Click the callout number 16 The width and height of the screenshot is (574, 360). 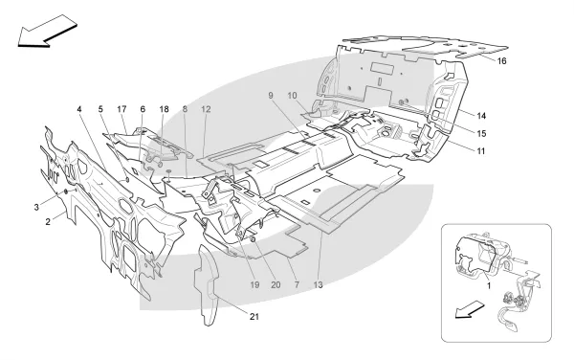click(501, 61)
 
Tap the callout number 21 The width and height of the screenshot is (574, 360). click(254, 317)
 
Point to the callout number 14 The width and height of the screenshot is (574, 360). click(481, 116)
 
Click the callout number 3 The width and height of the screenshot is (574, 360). click(36, 208)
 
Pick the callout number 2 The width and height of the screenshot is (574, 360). click(48, 222)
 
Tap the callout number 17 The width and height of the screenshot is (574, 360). click(121, 109)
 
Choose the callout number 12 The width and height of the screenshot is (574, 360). click(206, 109)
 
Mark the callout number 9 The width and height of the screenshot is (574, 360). click(271, 96)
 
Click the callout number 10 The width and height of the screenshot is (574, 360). click(292, 96)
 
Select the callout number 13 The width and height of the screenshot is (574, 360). click(319, 285)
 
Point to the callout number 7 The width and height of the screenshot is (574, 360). click(297, 285)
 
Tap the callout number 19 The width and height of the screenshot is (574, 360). click(254, 285)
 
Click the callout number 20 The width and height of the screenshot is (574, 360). click(276, 285)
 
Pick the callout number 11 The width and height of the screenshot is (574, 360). click(481, 151)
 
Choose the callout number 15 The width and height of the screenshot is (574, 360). click(482, 134)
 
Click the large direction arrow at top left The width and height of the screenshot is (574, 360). click(48, 32)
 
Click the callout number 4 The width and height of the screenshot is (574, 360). click(79, 109)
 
